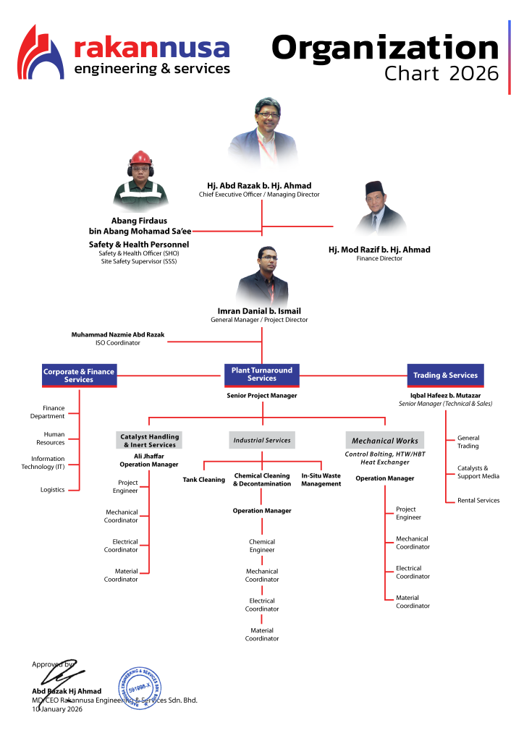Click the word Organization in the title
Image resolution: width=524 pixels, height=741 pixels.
385,48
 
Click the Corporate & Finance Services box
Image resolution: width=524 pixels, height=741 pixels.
79,376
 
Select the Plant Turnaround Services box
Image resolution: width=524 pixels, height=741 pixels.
261,374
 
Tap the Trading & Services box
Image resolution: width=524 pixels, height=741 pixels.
445,376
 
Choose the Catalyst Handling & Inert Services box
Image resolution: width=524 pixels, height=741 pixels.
150,440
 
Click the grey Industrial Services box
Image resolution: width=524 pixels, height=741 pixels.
262,440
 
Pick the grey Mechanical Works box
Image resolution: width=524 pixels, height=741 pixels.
384,440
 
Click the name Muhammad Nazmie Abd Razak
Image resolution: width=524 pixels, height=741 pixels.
118,335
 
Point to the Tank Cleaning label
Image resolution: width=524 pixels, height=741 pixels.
203,480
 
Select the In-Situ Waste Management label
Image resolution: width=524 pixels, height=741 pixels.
321,480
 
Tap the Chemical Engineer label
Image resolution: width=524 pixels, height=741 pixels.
262,546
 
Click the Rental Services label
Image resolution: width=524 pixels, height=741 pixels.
478,500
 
